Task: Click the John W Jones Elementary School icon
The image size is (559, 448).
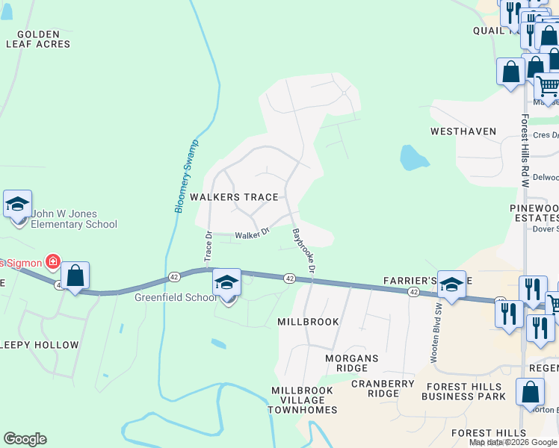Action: click(x=17, y=204)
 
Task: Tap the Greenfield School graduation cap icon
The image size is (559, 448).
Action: click(x=226, y=282)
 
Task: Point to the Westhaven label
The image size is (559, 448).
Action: click(x=463, y=131)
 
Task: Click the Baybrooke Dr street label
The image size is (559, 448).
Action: click(x=303, y=249)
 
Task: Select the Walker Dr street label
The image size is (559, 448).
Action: click(x=251, y=235)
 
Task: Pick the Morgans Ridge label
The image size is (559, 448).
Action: click(x=352, y=364)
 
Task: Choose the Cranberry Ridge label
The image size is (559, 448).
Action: click(x=383, y=388)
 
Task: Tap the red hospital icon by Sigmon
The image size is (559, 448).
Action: click(x=52, y=261)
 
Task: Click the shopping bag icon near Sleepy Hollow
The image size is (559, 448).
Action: click(x=75, y=276)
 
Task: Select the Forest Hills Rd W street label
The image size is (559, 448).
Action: click(x=525, y=155)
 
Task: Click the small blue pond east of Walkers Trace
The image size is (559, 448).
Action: click(x=413, y=158)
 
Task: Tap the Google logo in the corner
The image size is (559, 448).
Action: click(x=25, y=438)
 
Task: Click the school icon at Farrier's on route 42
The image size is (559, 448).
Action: click(x=451, y=284)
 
